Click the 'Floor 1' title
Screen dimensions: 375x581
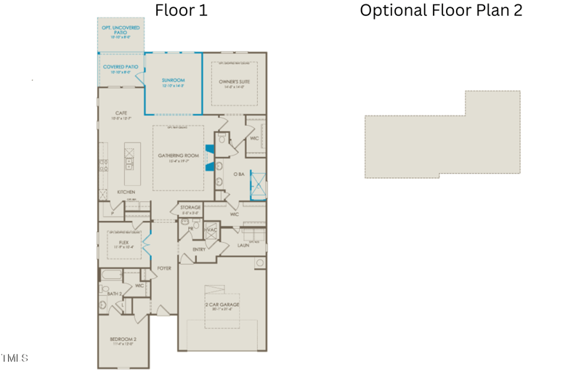click(181, 10)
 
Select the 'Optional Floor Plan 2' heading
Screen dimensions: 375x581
click(441, 10)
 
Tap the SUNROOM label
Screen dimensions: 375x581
click(173, 81)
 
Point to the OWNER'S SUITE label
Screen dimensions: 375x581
click(234, 82)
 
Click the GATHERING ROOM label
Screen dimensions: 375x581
click(179, 156)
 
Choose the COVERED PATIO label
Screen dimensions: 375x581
click(120, 67)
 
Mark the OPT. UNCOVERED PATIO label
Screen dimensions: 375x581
click(120, 29)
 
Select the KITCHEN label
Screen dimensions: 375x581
click(126, 192)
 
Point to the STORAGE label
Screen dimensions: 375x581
click(190, 208)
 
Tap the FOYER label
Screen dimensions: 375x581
click(165, 268)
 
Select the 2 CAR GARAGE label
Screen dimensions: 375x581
click(222, 305)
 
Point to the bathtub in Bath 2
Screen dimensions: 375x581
click(111, 275)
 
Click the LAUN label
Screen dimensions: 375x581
click(243, 246)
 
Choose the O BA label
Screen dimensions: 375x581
click(237, 174)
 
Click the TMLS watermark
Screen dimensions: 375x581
click(15, 358)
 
